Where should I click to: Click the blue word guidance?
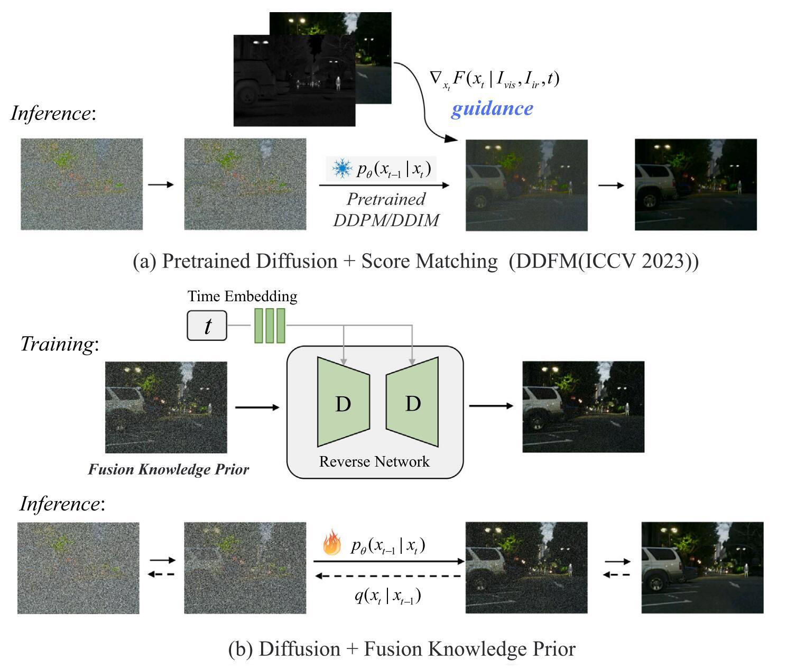(492, 108)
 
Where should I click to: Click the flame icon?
(331, 543)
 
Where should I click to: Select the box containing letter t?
(207, 326)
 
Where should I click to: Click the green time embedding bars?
(270, 326)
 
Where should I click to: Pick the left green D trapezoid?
(343, 402)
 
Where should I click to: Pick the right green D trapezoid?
(412, 402)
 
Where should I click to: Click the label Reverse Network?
(374, 461)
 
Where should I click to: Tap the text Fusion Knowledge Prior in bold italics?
(168, 469)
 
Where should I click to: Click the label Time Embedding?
(242, 296)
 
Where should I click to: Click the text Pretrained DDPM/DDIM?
(386, 209)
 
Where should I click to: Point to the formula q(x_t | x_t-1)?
(387, 596)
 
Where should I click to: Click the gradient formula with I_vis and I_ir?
(494, 79)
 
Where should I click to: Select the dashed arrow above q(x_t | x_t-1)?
(388, 576)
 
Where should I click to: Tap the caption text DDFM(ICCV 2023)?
(604, 261)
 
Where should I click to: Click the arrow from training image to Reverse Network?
(257, 407)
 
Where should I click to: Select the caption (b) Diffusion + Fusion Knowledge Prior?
(402, 648)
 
